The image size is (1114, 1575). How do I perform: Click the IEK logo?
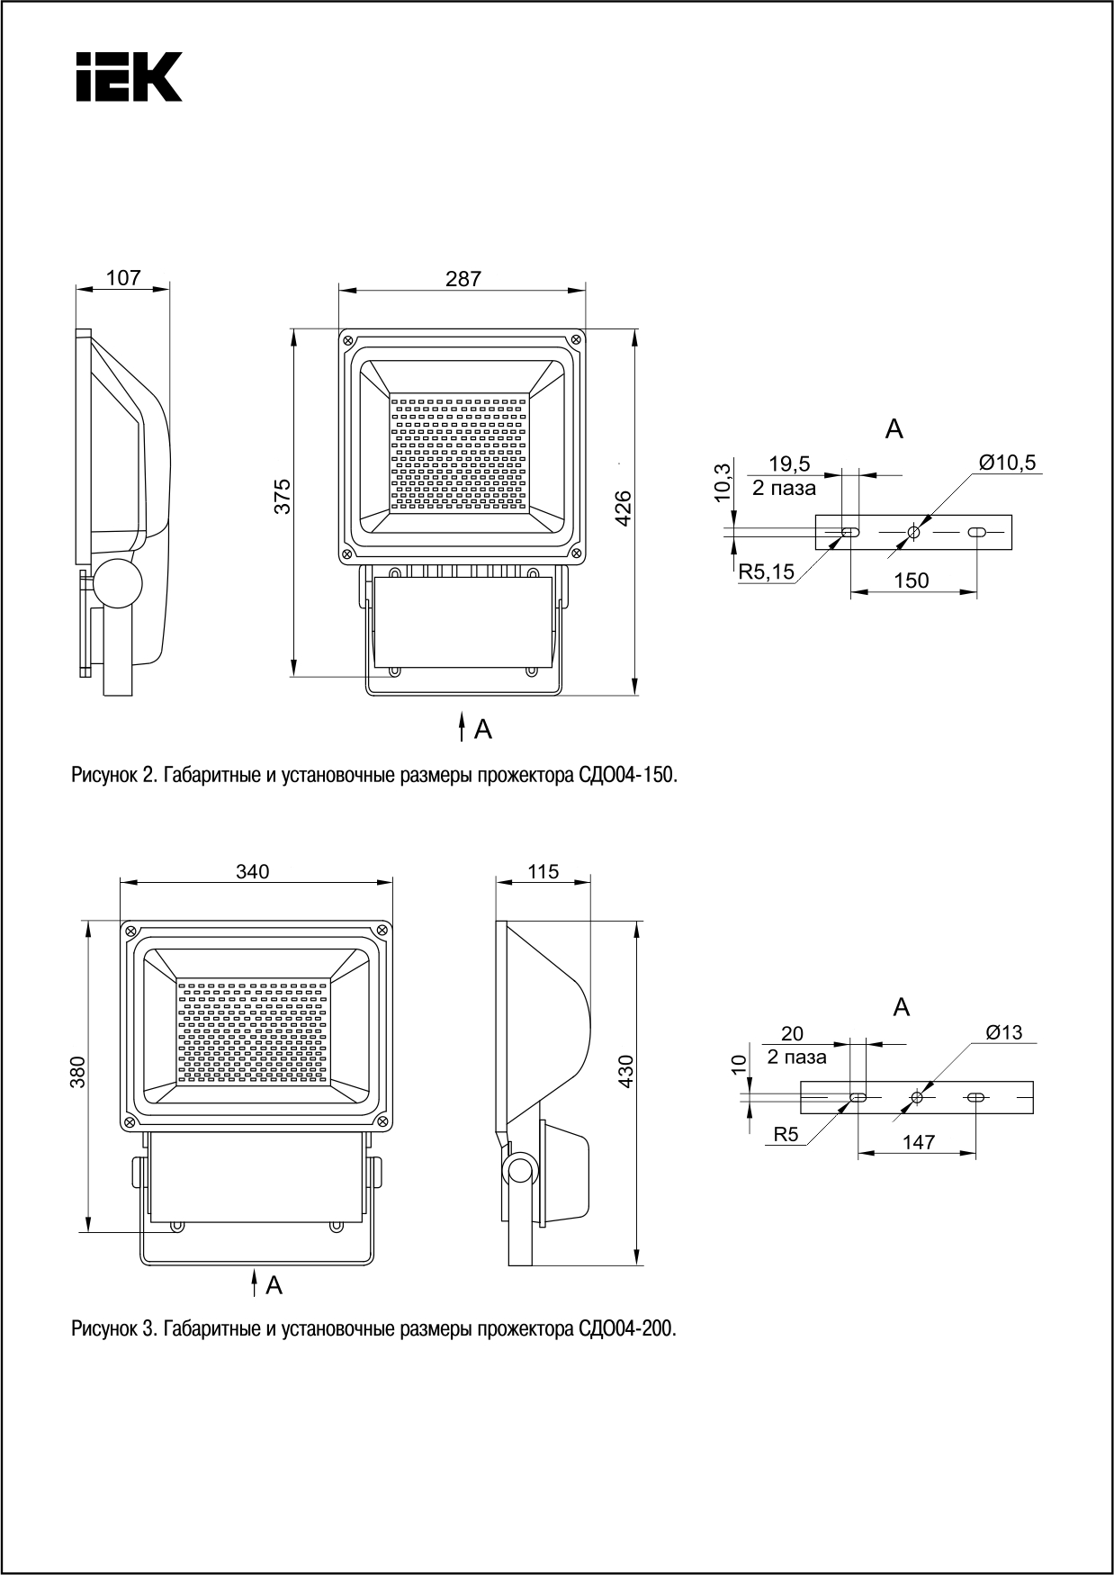[x=129, y=76]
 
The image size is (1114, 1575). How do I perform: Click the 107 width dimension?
[x=123, y=278]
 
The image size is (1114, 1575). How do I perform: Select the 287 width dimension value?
[x=463, y=279]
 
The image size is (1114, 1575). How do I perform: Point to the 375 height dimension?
[x=283, y=496]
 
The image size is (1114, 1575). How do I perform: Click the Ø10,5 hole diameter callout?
[x=1008, y=463]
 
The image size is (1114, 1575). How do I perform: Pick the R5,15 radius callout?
[x=767, y=571]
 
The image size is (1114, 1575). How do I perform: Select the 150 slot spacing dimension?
[x=912, y=580]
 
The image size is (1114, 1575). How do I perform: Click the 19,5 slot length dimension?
[x=789, y=464]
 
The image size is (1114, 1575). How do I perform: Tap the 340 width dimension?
[x=253, y=871]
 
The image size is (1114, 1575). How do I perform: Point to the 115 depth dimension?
[x=544, y=871]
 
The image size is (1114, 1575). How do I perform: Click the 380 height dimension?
[x=78, y=1072]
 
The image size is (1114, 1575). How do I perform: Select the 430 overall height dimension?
[x=626, y=1071]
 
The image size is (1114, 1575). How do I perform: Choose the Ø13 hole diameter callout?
[x=1004, y=1032]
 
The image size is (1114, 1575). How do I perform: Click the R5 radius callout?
[x=786, y=1135]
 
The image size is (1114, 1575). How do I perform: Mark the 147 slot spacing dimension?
[x=918, y=1142]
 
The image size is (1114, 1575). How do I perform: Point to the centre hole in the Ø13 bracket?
[x=917, y=1097]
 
